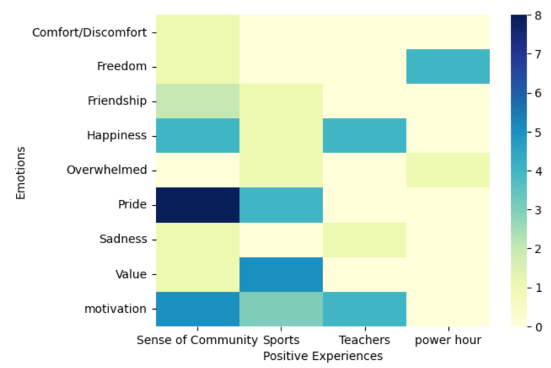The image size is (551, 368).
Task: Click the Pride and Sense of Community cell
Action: point(198,205)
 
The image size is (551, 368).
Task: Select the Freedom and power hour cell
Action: point(448,66)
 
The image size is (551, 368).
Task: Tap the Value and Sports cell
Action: point(281,274)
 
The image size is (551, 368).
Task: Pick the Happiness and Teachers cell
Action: point(365,136)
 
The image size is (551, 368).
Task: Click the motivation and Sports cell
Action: point(281,309)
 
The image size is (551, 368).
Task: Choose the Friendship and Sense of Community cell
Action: point(198,101)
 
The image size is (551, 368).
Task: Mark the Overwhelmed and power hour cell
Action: point(448,170)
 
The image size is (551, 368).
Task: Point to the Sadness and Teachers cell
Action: point(365,239)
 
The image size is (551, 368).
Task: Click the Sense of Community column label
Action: point(197,340)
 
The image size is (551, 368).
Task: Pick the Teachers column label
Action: point(365,340)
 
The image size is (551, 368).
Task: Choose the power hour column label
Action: point(448,340)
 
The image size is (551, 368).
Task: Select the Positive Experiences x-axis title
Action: point(323,356)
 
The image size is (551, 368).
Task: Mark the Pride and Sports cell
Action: point(281,205)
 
